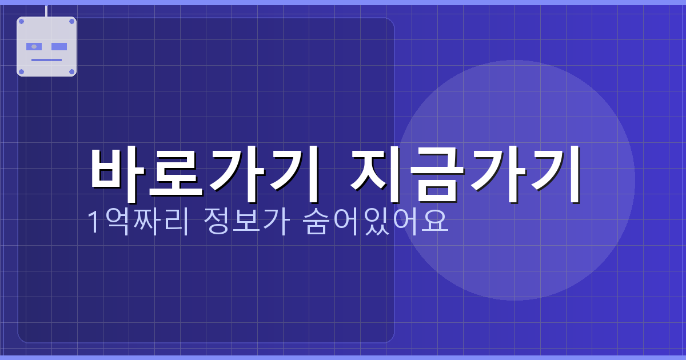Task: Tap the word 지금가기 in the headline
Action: (x=466, y=173)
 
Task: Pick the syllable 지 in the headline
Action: (x=380, y=173)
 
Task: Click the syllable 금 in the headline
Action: (x=437, y=173)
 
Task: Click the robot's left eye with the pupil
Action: (x=34, y=46)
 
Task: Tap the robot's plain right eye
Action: (x=59, y=46)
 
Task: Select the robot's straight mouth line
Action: (x=46, y=59)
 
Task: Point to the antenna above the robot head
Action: (x=46, y=10)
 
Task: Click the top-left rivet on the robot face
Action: (x=22, y=21)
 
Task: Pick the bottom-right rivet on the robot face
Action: (x=71, y=71)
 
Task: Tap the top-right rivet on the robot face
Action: (x=71, y=21)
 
